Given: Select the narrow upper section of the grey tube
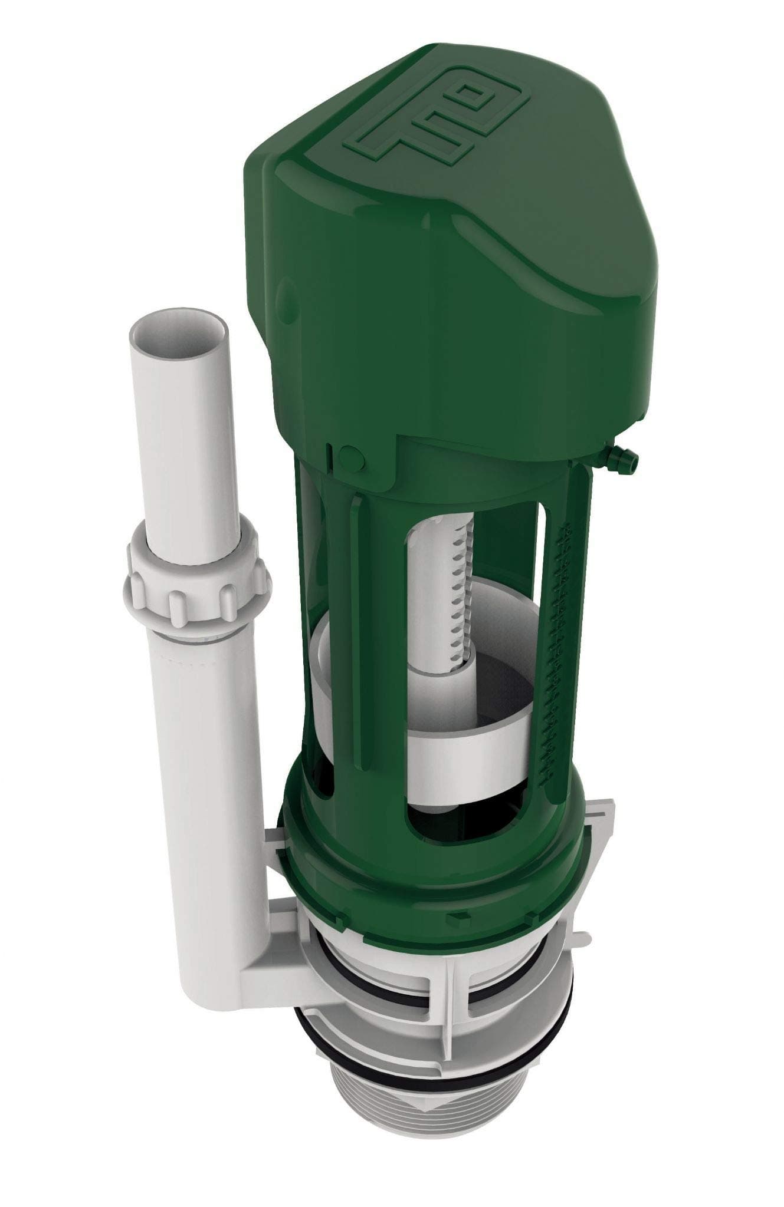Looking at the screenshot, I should [x=177, y=424].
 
